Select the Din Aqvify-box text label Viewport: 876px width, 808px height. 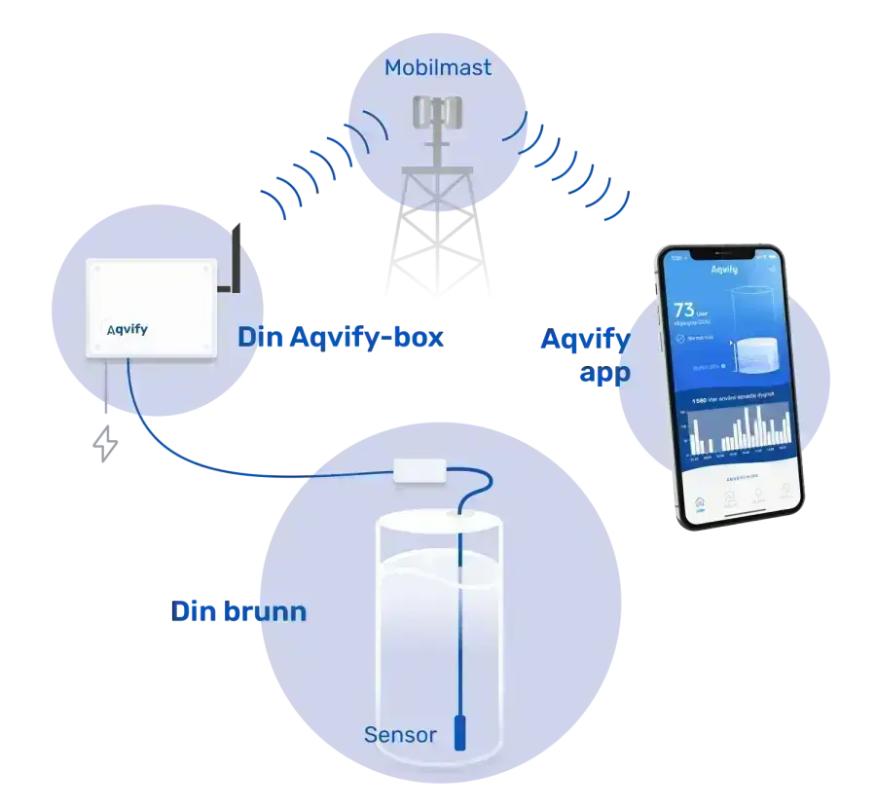(340, 338)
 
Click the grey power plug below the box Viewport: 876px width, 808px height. (104, 441)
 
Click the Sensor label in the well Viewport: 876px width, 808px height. (400, 734)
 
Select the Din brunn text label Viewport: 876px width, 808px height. (239, 611)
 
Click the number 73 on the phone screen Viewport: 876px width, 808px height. (685, 311)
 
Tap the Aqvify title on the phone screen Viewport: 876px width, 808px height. (724, 270)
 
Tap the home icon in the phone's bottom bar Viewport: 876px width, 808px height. (699, 503)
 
